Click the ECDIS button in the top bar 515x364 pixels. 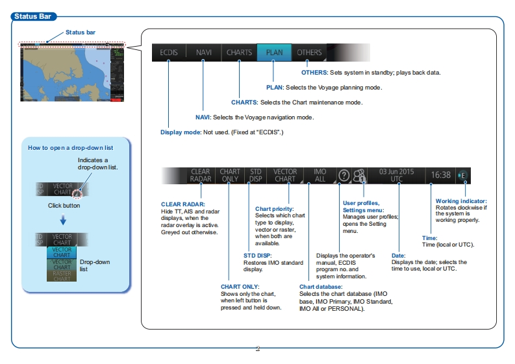click(x=169, y=53)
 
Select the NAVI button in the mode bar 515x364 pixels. click(x=203, y=53)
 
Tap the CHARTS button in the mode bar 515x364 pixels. click(x=239, y=53)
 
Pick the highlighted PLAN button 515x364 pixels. click(x=274, y=53)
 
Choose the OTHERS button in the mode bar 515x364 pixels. click(x=309, y=53)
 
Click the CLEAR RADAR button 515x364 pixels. click(x=200, y=176)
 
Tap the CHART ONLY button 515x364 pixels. click(x=230, y=176)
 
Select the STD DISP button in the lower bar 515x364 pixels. click(x=256, y=176)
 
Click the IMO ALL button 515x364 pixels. click(x=320, y=176)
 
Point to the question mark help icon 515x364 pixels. click(x=344, y=176)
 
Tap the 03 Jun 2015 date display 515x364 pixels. click(x=396, y=175)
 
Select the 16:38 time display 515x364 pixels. click(x=440, y=175)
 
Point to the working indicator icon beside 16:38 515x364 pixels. click(x=462, y=175)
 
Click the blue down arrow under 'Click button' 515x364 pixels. click(x=63, y=219)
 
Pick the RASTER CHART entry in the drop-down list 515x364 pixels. click(x=62, y=276)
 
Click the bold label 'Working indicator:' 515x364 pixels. click(x=461, y=201)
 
